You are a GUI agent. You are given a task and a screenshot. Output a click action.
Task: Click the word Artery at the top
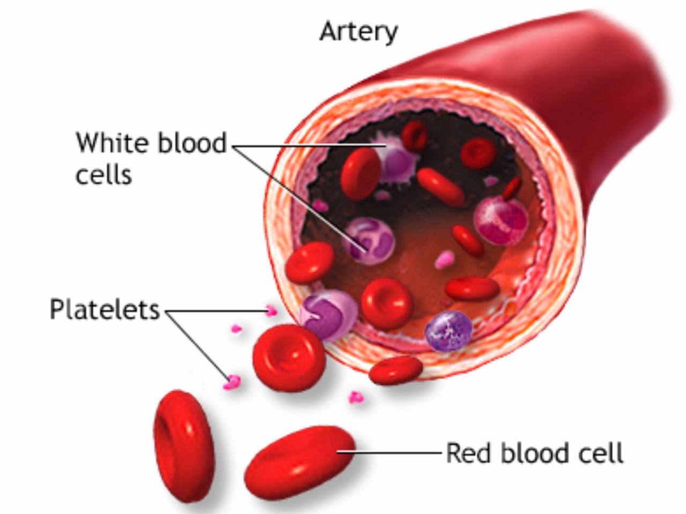point(359,32)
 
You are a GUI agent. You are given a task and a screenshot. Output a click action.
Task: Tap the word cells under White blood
point(103,175)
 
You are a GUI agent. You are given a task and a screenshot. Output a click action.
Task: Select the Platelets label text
point(105,310)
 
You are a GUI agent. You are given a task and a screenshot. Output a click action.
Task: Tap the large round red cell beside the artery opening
point(289,357)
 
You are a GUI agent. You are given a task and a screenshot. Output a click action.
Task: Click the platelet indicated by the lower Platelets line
point(232,382)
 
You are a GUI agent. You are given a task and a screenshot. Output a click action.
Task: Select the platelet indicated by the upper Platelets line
point(271,310)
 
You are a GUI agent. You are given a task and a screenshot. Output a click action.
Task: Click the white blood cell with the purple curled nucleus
point(369,241)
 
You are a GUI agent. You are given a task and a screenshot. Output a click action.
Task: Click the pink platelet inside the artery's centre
point(444,260)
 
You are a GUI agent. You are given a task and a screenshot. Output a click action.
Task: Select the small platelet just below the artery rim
point(355,397)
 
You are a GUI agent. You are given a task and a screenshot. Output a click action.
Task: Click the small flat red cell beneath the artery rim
point(396,370)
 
